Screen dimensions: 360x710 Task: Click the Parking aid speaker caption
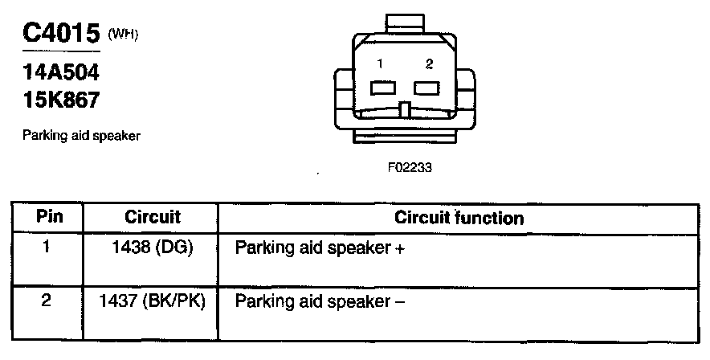[82, 136]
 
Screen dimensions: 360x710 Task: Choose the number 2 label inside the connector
[430, 63]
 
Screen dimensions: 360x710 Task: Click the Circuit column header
[153, 218]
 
